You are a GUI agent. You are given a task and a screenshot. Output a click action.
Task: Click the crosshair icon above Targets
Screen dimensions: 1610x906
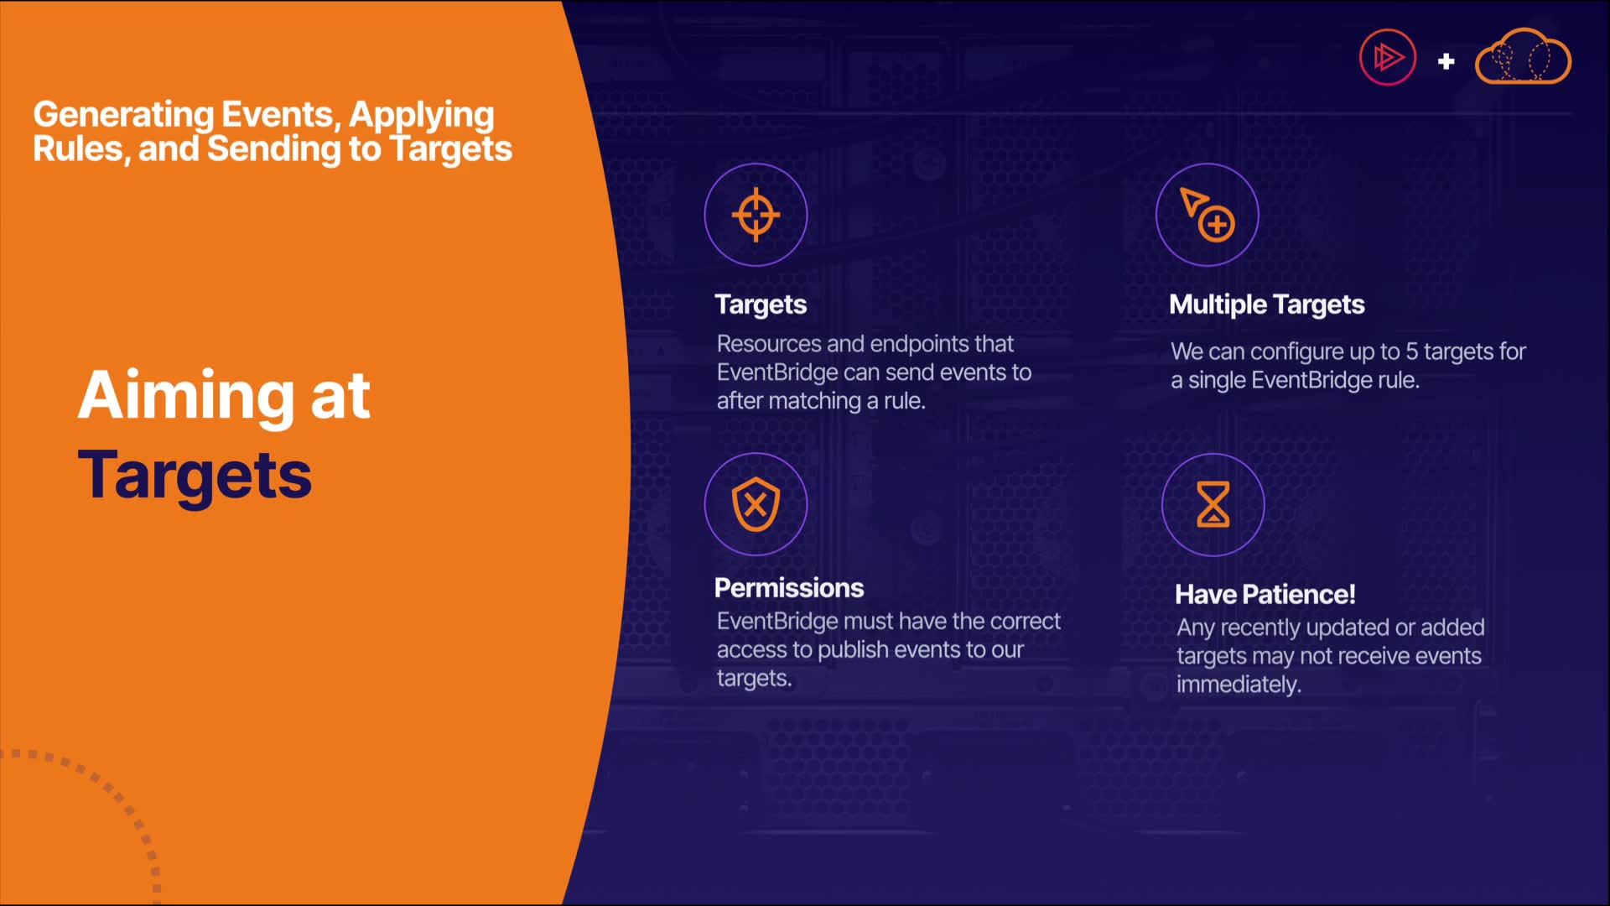[756, 215]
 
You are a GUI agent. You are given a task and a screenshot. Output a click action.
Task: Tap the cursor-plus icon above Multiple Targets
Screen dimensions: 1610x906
[1207, 215]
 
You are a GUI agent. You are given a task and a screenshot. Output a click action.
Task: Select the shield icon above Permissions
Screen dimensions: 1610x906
[756, 504]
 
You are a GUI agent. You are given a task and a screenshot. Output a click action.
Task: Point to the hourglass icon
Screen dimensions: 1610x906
[1213, 504]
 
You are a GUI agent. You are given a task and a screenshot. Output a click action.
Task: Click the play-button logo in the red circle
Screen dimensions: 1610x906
[1388, 58]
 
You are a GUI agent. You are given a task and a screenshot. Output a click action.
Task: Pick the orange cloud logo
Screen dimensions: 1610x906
[1523, 56]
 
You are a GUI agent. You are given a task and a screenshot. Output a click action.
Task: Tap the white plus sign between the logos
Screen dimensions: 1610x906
[1446, 61]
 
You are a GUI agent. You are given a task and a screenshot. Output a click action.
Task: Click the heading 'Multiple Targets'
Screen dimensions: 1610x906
[1267, 305]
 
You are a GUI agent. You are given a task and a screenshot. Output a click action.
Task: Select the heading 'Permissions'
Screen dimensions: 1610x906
[789, 588]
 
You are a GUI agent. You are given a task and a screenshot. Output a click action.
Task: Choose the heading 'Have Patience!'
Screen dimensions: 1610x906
[1265, 594]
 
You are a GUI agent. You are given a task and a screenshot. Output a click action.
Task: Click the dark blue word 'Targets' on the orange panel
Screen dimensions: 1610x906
[195, 476]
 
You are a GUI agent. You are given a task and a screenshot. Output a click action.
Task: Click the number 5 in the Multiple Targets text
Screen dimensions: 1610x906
[1411, 351]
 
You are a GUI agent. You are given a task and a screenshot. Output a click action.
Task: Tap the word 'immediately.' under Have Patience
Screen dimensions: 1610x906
[1239, 685]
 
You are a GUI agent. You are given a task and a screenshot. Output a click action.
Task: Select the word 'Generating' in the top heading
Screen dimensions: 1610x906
[123, 115]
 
